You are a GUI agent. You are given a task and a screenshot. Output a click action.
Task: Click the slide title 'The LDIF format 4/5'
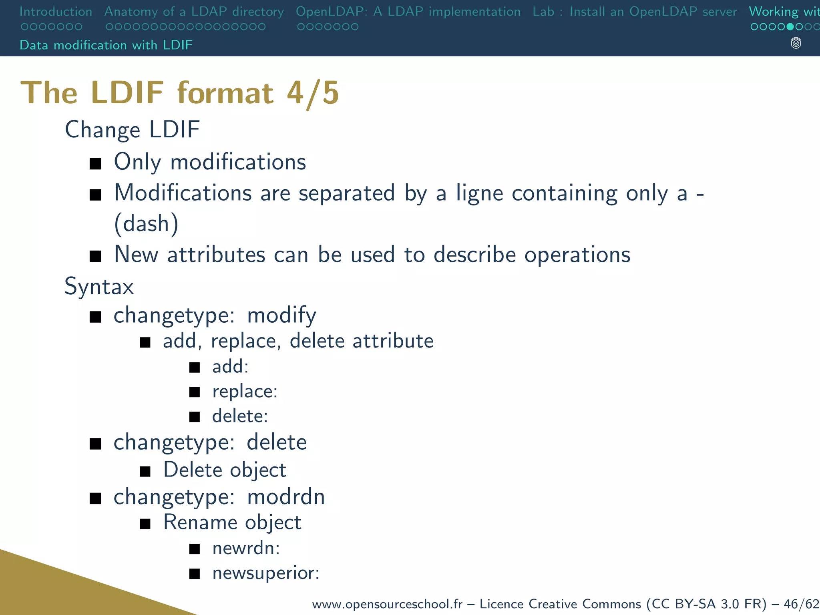pos(180,93)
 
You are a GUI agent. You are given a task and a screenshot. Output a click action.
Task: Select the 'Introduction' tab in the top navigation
pos(56,12)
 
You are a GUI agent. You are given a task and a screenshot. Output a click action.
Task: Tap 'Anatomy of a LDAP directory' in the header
pos(194,12)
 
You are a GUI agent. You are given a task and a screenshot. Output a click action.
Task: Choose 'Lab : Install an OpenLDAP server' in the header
pos(635,12)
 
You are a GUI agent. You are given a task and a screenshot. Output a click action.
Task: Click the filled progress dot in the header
pos(790,27)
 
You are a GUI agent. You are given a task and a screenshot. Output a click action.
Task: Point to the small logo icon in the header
pos(796,43)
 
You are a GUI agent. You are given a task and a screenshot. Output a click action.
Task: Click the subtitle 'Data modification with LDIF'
pos(106,45)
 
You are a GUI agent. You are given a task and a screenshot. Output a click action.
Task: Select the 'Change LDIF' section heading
pos(132,130)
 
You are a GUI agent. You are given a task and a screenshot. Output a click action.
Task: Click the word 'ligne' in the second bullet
pos(479,193)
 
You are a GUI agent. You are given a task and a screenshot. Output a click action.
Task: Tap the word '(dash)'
pos(146,223)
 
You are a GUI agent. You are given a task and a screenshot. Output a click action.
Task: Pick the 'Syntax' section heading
pos(99,287)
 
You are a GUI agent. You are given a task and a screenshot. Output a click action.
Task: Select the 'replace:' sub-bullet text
pos(245,391)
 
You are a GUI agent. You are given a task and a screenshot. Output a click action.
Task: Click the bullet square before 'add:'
pos(195,367)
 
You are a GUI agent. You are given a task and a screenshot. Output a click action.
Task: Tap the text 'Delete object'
pos(225,470)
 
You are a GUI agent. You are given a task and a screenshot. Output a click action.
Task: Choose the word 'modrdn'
pos(286,497)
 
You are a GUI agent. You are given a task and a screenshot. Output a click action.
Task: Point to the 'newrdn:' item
pos(246,548)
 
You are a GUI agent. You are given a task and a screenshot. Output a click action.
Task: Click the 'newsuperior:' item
pos(266,573)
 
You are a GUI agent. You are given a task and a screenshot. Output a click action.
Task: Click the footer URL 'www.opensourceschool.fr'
pos(387,604)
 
